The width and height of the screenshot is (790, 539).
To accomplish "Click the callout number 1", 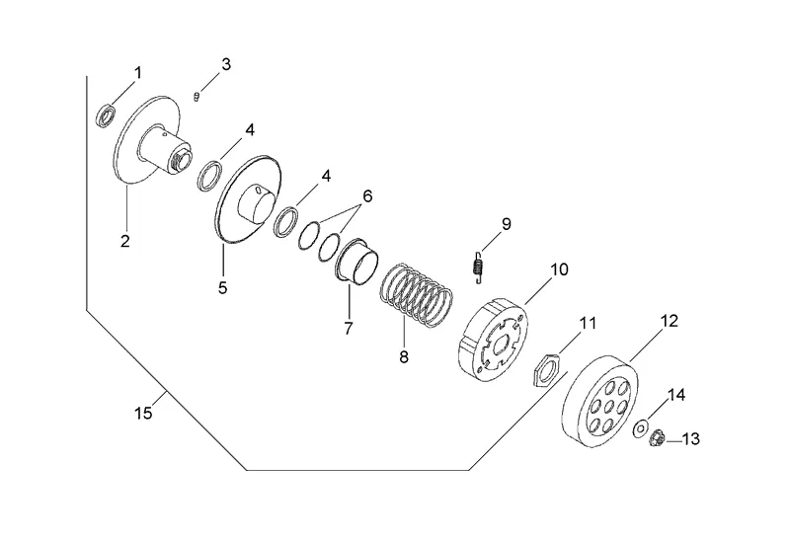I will click(137, 72).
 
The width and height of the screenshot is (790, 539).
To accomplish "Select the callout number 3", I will click(226, 64).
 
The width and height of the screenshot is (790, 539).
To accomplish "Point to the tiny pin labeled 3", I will click(198, 96).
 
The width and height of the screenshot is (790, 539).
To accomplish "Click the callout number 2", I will click(126, 239).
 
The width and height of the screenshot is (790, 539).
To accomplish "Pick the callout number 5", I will click(222, 287).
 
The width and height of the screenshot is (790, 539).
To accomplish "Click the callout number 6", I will click(366, 195).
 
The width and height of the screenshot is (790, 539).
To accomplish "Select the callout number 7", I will click(348, 329).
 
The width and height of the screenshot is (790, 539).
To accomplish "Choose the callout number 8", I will click(403, 356).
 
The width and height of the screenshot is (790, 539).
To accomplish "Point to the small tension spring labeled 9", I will click(479, 266).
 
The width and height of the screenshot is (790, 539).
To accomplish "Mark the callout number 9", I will click(506, 224).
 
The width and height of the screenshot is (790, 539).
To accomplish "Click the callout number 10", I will click(560, 269).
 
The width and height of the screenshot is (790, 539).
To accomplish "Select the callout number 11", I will click(589, 323).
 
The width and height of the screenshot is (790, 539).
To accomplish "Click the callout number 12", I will click(670, 321).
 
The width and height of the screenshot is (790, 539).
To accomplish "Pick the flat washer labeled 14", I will click(640, 428).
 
